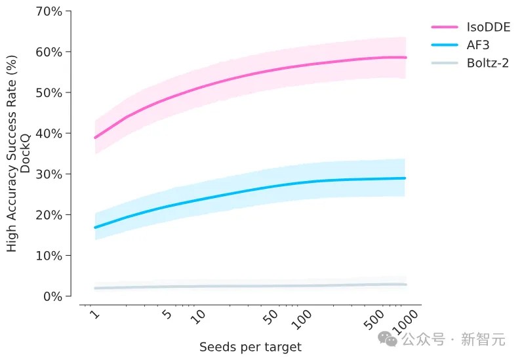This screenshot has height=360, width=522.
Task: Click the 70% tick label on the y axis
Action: click(x=49, y=11)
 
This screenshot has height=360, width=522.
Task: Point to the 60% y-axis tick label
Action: click(x=49, y=52)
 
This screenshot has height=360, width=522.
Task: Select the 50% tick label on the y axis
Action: click(x=49, y=92)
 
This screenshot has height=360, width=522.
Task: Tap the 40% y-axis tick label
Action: click(x=49, y=133)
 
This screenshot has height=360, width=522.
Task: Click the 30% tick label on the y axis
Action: click(x=49, y=174)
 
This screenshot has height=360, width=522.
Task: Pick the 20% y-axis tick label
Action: click(x=49, y=214)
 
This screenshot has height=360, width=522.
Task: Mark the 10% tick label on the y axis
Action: click(x=49, y=255)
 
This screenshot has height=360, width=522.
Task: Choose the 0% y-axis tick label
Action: click(x=52, y=296)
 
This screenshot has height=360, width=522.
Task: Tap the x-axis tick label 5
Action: click(x=167, y=315)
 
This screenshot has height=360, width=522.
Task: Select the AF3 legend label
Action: click(x=479, y=45)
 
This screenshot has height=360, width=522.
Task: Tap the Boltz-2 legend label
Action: click(x=489, y=63)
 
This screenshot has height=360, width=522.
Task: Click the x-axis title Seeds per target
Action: click(x=251, y=346)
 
